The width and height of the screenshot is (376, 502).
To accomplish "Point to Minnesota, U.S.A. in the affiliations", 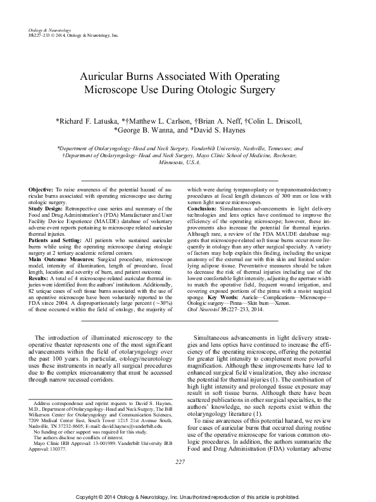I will [187, 162].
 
